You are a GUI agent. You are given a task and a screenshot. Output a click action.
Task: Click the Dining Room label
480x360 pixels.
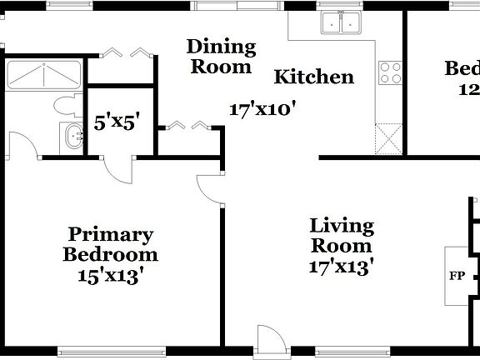point(220,56)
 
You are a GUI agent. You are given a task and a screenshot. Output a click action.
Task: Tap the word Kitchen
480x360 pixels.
point(314,77)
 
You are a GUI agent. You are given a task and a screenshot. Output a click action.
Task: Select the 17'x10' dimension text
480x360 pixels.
point(263,108)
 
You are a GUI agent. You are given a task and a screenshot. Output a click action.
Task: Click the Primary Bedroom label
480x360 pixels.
point(110,245)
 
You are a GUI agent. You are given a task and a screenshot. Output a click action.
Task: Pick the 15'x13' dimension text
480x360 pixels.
point(110,274)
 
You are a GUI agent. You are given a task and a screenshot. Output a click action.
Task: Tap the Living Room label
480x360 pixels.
point(342,236)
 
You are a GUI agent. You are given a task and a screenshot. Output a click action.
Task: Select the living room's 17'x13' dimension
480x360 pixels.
point(342,267)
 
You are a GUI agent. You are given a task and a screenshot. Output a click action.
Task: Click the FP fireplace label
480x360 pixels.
point(457,276)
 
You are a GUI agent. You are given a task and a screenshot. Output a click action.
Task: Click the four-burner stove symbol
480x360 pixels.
point(390,73)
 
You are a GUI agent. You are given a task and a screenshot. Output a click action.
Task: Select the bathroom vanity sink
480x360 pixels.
point(72,136)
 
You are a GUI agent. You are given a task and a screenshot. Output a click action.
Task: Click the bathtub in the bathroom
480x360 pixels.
point(43,75)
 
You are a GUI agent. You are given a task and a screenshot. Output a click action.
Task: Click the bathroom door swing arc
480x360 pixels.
point(26,145)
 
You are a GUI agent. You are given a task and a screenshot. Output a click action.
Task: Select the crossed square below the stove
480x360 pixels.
point(388,137)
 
